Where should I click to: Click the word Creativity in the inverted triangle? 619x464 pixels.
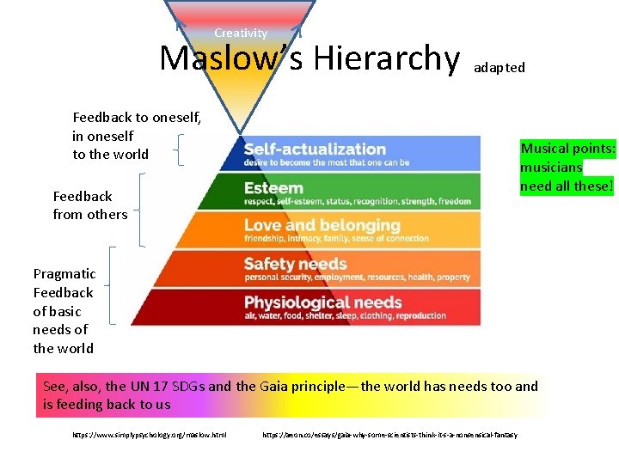(x=241, y=33)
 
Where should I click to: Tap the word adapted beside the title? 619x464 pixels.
(x=499, y=67)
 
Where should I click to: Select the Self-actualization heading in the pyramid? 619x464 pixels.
(x=315, y=149)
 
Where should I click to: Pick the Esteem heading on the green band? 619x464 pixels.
(x=273, y=187)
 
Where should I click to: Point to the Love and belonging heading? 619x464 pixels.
(x=322, y=225)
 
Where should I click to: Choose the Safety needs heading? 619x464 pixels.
(x=295, y=264)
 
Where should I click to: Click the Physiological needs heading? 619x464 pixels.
(x=322, y=302)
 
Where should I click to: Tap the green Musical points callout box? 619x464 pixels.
(x=567, y=167)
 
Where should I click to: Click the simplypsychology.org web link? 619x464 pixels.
(x=150, y=435)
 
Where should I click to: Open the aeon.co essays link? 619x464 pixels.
(x=389, y=435)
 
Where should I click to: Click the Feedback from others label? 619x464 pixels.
(x=89, y=205)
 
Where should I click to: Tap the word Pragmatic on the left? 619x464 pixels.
(x=64, y=273)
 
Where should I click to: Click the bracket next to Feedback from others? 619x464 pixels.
(x=140, y=210)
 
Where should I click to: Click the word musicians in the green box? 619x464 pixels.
(x=551, y=168)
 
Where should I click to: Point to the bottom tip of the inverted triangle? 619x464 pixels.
(x=241, y=137)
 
